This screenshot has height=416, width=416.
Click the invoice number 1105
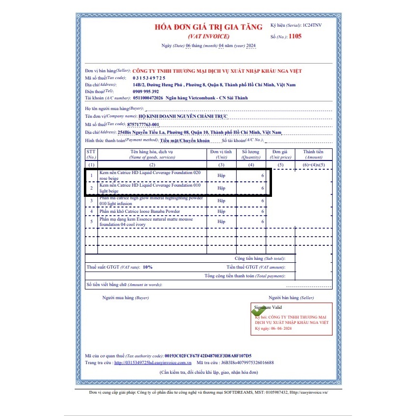(295, 36)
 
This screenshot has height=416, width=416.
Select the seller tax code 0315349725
(149, 78)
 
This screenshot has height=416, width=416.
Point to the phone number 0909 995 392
(145, 91)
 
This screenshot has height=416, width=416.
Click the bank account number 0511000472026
(147, 98)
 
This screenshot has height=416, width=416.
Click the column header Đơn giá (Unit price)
(281, 154)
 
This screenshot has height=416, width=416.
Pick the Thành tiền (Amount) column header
(313, 154)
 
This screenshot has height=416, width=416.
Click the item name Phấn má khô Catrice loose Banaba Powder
(140, 211)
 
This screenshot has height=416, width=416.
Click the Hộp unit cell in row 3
(221, 200)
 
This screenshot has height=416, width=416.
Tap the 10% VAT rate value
(147, 267)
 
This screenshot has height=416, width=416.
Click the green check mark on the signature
(258, 311)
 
